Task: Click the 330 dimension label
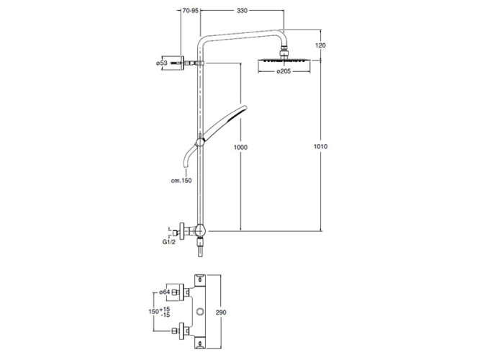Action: point(242,11)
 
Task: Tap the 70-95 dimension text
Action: point(191,11)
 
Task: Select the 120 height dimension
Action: point(320,45)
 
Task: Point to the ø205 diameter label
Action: point(284,71)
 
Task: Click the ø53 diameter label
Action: point(162,63)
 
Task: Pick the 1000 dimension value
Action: point(240,148)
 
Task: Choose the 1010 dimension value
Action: point(320,146)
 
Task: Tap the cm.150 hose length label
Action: point(181,181)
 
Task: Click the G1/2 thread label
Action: point(169,242)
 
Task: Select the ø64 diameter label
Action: point(164,292)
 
